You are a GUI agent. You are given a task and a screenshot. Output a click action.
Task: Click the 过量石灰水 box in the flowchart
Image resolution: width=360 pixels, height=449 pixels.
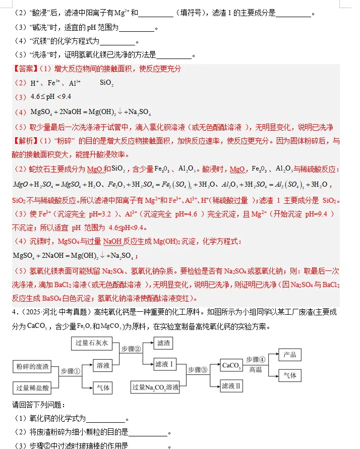91,344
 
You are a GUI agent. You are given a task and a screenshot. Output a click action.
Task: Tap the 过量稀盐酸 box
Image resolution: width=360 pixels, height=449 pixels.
32,388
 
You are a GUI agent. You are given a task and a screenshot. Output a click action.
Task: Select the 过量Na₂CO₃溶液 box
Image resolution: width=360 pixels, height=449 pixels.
155,387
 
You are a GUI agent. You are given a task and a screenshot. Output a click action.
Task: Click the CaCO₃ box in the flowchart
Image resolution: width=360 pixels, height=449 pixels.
230,365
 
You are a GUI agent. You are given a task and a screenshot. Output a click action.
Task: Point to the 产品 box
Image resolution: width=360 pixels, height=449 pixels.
290,354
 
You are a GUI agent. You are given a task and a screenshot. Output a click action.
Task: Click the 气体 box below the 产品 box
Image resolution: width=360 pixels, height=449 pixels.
290,375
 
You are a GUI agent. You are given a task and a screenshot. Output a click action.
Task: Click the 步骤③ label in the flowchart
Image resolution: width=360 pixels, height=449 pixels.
198,370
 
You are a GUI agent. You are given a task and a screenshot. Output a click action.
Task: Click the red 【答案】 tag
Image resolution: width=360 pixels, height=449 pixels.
25,69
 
